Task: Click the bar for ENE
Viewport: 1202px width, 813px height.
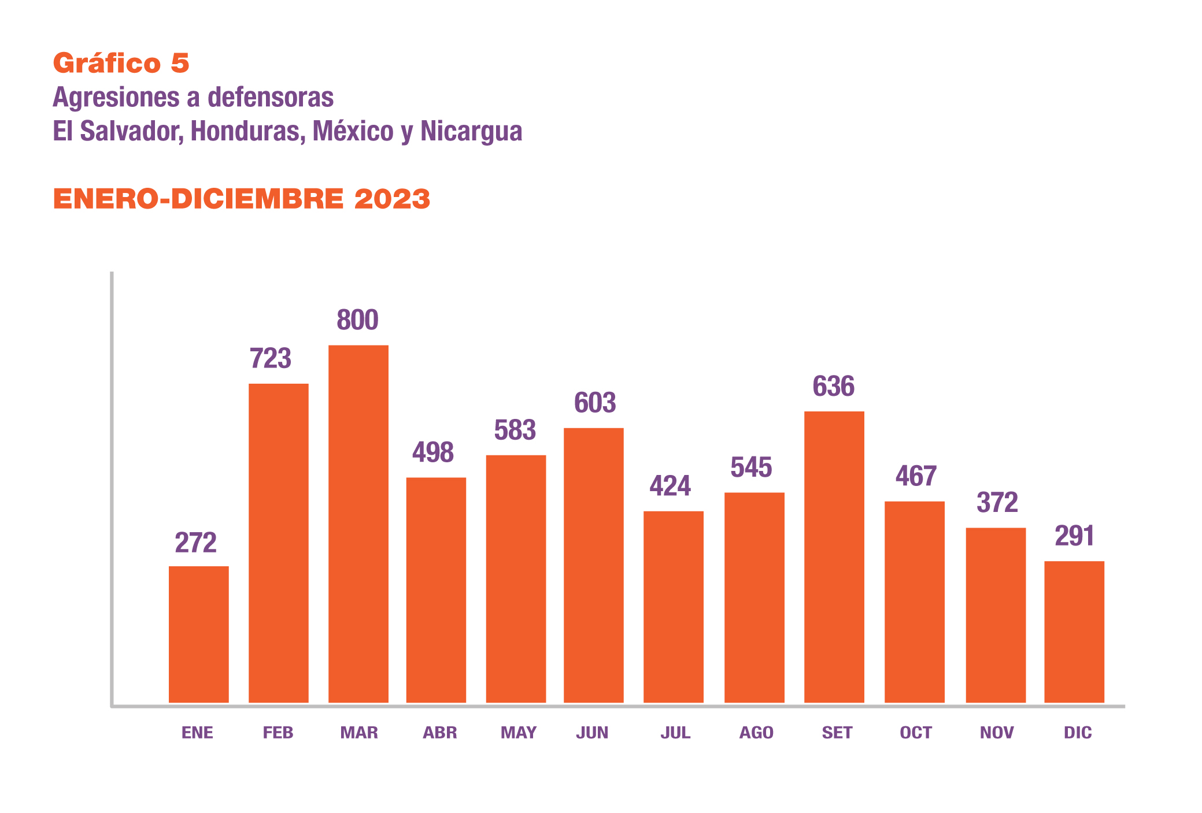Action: (x=198, y=634)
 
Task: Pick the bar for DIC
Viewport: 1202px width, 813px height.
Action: (x=1074, y=632)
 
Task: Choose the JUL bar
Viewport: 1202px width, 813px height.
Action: (x=673, y=607)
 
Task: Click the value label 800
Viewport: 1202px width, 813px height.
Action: (x=357, y=320)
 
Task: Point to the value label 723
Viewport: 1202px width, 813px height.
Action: (x=270, y=358)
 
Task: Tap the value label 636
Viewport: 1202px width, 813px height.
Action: (x=833, y=386)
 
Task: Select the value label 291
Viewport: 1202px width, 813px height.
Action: (x=1074, y=536)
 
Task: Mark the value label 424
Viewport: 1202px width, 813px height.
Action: (x=670, y=485)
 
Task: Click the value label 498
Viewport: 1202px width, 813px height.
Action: (x=432, y=452)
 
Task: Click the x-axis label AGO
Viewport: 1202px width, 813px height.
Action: (x=756, y=733)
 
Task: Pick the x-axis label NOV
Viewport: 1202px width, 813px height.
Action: (x=996, y=733)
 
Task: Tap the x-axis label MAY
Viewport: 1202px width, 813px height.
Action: (x=518, y=733)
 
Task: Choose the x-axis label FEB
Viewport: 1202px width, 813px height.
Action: (x=278, y=733)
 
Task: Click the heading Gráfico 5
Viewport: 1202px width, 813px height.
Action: (x=121, y=63)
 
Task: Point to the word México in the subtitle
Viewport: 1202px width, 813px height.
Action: (x=353, y=131)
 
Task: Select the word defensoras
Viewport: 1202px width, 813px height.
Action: (x=270, y=97)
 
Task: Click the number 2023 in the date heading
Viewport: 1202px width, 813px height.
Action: (x=392, y=199)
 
